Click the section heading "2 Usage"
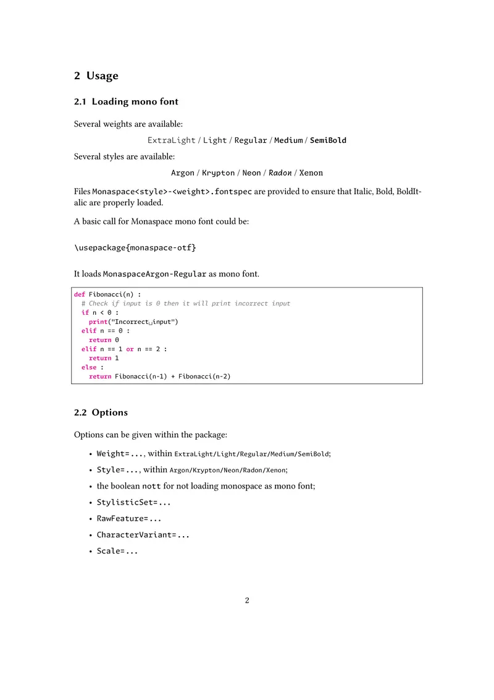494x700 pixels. (x=96, y=76)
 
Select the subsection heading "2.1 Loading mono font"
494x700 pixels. (x=126, y=101)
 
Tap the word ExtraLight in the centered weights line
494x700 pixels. (x=171, y=140)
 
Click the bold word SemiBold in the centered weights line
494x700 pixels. (x=328, y=140)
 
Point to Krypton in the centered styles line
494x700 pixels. (x=218, y=173)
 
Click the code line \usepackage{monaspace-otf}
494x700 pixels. (x=135, y=247)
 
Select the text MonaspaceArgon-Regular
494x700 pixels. (x=154, y=274)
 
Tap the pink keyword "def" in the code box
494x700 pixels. (x=80, y=294)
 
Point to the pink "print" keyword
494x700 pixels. (x=98, y=322)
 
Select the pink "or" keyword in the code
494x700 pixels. (x=130, y=349)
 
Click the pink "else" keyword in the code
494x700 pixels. (x=89, y=367)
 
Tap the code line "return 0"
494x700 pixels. (x=104, y=340)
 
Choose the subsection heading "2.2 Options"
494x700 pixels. (x=101, y=412)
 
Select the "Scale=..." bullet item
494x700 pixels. (x=117, y=550)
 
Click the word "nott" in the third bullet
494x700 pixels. (x=151, y=486)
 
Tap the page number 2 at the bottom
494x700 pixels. (x=247, y=600)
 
